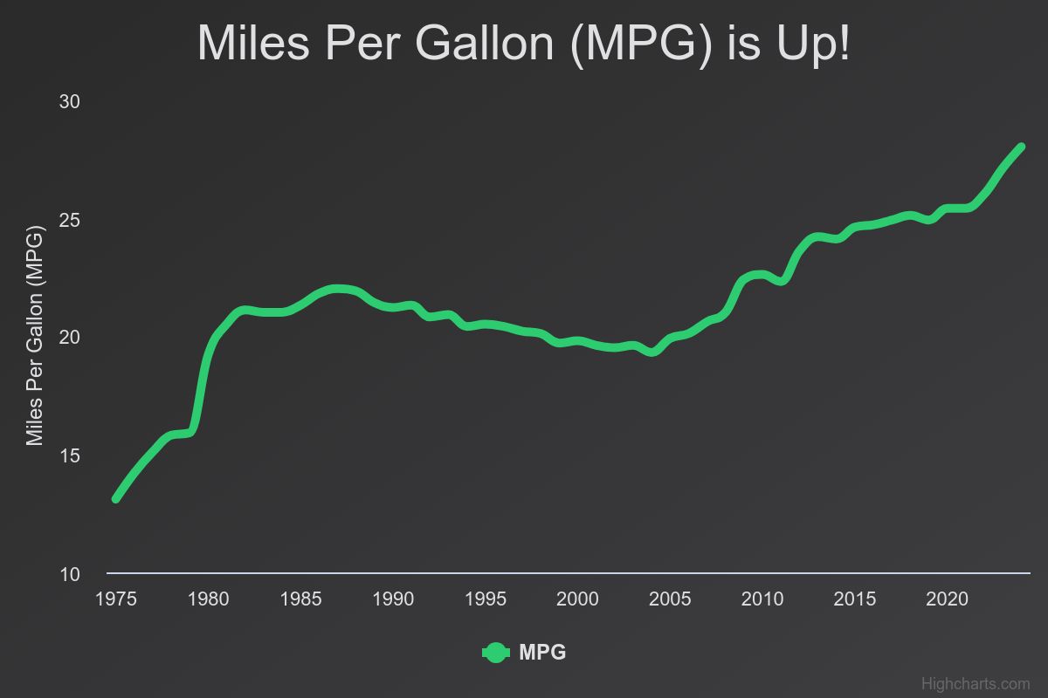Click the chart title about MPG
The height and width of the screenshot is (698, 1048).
tap(523, 43)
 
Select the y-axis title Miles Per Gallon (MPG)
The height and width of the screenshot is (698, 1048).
tap(34, 338)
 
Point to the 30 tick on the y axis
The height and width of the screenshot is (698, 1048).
tap(70, 102)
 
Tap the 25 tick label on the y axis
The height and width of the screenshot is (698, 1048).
tap(70, 220)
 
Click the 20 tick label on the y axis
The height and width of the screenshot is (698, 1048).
tap(70, 338)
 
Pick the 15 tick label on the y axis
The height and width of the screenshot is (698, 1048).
tap(70, 456)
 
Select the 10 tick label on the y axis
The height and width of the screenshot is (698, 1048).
tap(70, 574)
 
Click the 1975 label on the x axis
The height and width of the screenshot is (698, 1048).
tap(115, 599)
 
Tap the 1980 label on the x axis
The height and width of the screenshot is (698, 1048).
tap(208, 599)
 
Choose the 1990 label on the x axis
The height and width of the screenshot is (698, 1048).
tap(393, 599)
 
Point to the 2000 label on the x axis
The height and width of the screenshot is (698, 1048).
tap(577, 599)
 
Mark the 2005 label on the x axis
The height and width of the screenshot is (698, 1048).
tap(670, 599)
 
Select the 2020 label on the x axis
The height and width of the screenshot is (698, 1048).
tap(947, 599)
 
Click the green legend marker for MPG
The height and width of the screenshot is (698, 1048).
tap(495, 653)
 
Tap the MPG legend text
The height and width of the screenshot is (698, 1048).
tap(542, 653)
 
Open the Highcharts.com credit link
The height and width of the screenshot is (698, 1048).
tap(976, 684)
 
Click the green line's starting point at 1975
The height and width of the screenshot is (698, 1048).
tap(115, 498)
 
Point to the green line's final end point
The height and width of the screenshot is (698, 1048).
tap(1020, 147)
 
